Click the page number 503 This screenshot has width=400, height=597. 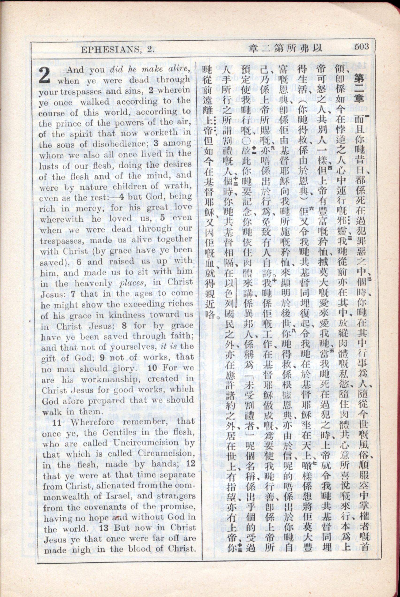(x=362, y=47)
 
